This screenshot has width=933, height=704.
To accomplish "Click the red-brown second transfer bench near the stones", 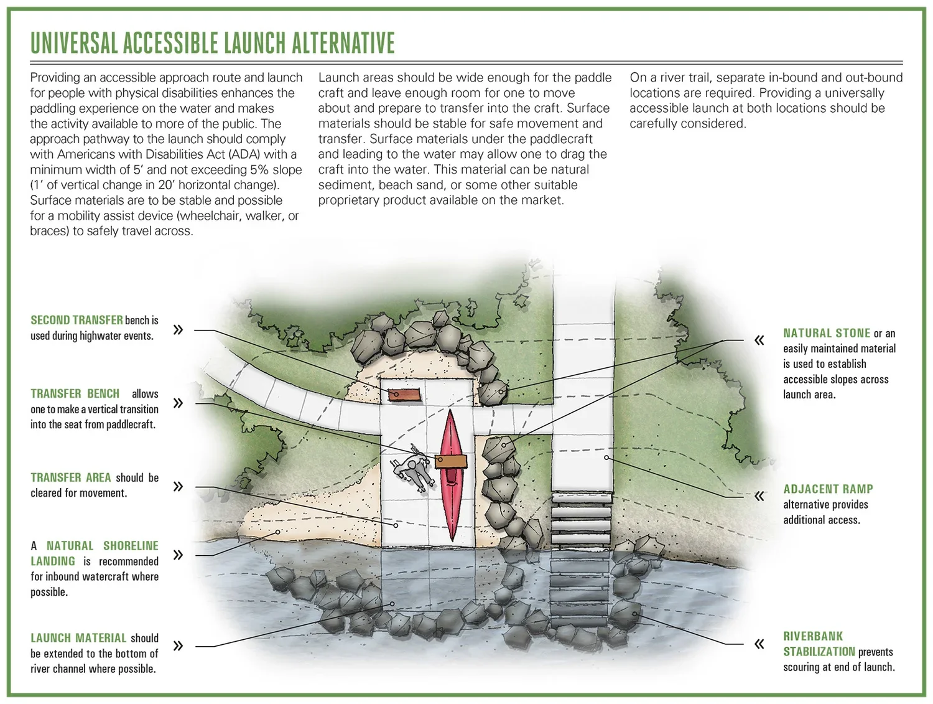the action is [x=403, y=394].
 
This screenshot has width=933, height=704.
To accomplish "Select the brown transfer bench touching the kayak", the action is [x=451, y=461].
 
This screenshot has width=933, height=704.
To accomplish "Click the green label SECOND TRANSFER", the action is [x=77, y=320].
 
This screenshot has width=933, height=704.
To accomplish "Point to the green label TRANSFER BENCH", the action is [x=75, y=393].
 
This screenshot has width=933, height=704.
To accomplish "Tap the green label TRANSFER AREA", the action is [x=70, y=477].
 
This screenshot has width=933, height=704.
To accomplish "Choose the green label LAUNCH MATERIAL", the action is [x=78, y=638].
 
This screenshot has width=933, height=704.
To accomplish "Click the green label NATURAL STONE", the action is [x=826, y=333].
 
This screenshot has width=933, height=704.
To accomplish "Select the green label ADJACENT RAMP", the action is [x=828, y=489].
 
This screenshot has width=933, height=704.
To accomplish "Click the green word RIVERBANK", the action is [x=813, y=636].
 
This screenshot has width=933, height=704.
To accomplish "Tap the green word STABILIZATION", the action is [x=819, y=652].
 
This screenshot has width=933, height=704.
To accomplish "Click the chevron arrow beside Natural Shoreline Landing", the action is [x=178, y=555].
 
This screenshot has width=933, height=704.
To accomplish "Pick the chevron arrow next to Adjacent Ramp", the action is [x=759, y=496].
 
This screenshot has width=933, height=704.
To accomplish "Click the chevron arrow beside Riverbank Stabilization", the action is [x=759, y=644].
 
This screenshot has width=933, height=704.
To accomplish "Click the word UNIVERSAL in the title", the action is [x=73, y=43].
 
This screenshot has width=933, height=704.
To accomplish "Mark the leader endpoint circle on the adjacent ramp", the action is [x=606, y=458].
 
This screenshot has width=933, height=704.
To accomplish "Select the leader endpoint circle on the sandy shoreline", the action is [x=277, y=532].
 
